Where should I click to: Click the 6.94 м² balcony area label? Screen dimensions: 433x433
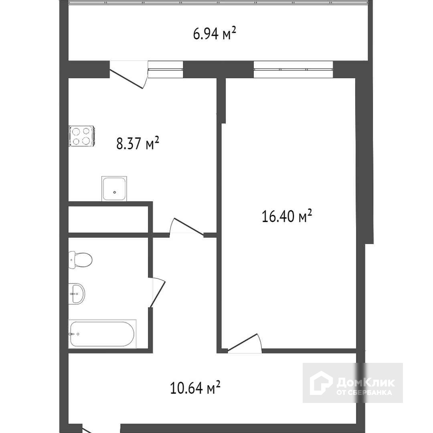point(214,34)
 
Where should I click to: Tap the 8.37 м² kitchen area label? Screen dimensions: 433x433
point(138,143)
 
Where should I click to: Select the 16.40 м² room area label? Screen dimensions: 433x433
point(287,216)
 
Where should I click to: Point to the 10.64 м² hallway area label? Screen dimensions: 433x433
point(195,387)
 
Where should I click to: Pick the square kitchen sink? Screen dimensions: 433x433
point(114,188)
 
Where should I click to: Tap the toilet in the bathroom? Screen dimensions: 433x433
point(80,260)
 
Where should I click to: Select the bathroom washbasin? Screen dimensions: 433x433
point(77,294)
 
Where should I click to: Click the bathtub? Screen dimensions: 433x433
point(102,334)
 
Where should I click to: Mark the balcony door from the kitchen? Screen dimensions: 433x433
point(128,75)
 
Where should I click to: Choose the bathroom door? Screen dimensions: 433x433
point(157,292)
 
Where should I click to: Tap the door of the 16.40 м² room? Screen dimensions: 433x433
point(244,343)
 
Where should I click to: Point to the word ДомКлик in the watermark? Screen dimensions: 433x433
point(366,382)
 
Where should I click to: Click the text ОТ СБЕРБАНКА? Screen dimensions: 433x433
point(364,393)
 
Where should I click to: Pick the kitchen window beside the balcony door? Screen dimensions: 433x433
point(166,69)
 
